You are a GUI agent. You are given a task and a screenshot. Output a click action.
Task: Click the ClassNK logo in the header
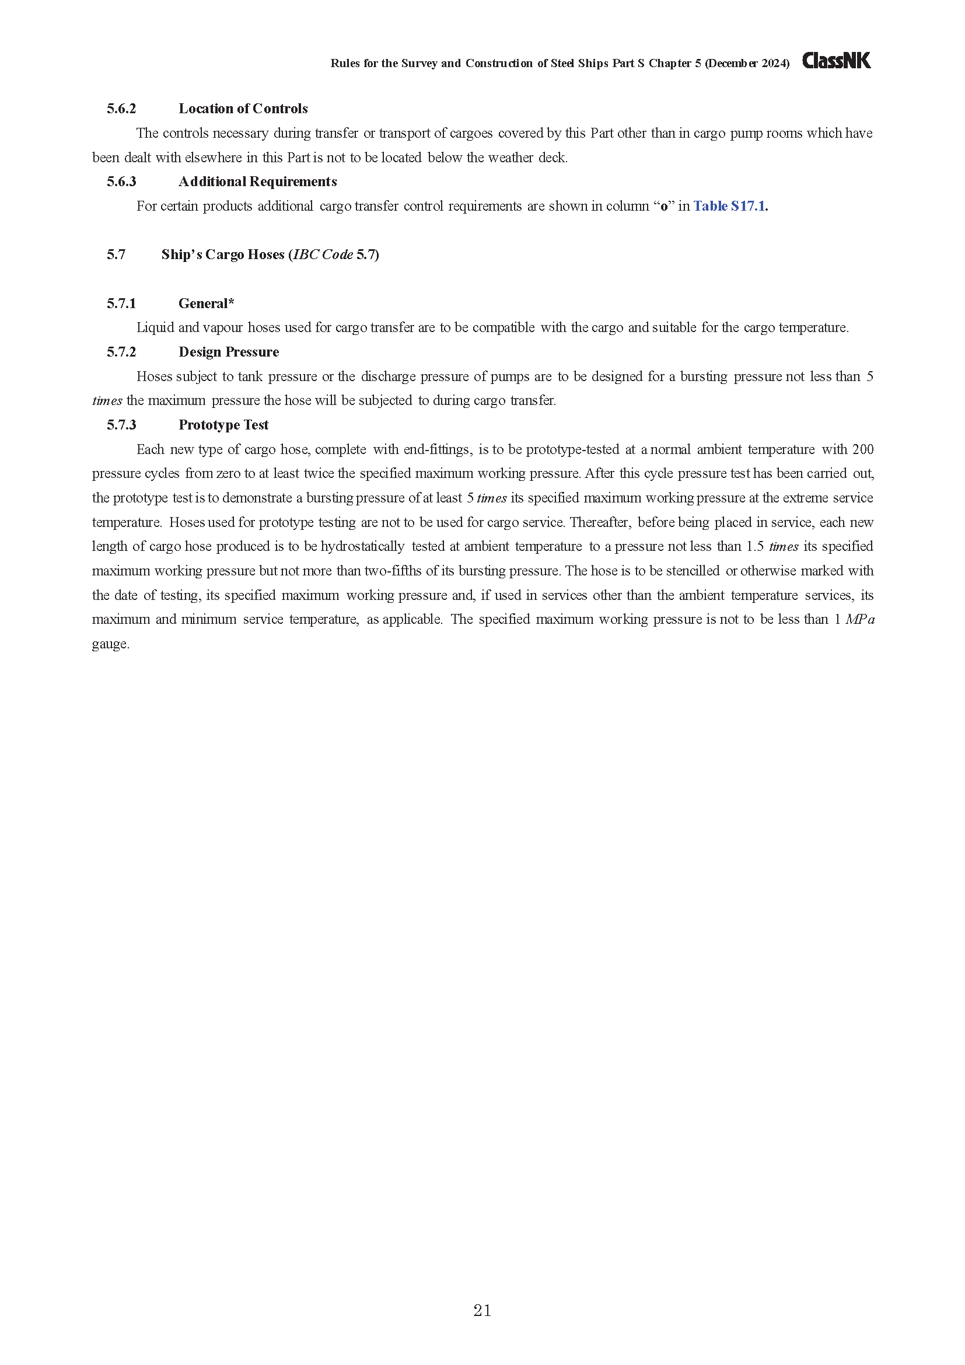836,61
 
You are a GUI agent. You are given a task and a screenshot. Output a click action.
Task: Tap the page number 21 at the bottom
482,1310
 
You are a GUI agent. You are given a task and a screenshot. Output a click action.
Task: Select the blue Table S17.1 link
730,206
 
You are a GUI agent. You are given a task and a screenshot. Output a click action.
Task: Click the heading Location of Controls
243,109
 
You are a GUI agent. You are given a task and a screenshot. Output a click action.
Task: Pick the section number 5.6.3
121,182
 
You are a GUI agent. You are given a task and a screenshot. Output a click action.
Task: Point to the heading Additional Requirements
257,182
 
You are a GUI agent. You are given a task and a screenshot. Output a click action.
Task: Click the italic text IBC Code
323,255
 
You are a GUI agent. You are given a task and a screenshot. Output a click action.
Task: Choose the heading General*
206,304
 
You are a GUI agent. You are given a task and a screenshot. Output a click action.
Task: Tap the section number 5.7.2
121,352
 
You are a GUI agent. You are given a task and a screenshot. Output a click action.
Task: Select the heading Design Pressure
229,352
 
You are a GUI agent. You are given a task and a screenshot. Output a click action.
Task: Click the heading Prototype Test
223,425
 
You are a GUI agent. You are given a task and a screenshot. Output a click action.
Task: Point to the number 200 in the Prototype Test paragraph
862,449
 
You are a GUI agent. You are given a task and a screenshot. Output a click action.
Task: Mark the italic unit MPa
859,620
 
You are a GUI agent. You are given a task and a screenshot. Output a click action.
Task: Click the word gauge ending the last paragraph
110,644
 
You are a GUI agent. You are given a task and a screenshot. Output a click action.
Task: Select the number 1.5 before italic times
754,546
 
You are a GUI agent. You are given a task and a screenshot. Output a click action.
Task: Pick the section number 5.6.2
121,109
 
